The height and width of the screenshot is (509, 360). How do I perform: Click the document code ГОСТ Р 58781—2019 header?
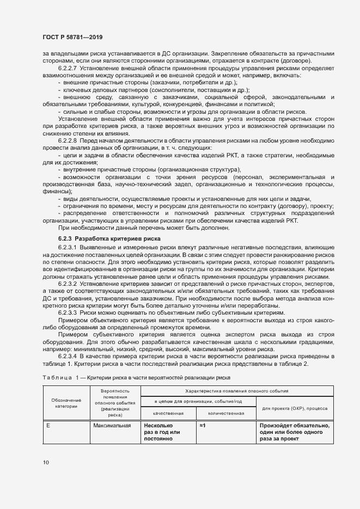click(x=72, y=37)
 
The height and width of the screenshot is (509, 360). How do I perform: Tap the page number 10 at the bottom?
click(x=45, y=462)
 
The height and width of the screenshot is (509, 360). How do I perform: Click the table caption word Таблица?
click(x=57, y=377)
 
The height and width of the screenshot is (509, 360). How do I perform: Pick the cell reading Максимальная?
click(x=112, y=426)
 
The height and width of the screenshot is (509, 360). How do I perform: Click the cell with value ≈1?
click(x=203, y=426)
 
